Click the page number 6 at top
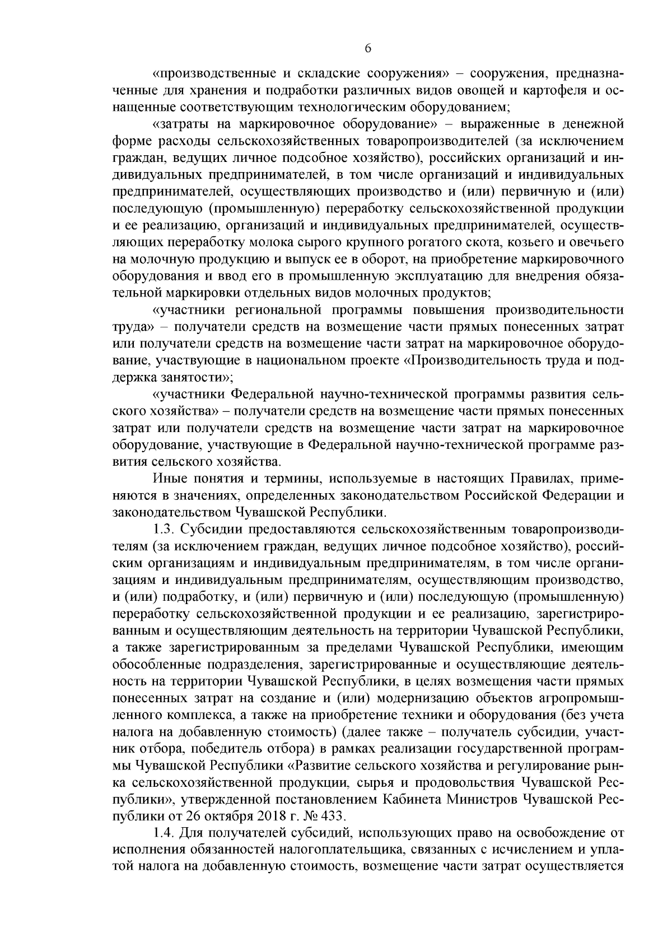click(368, 49)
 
